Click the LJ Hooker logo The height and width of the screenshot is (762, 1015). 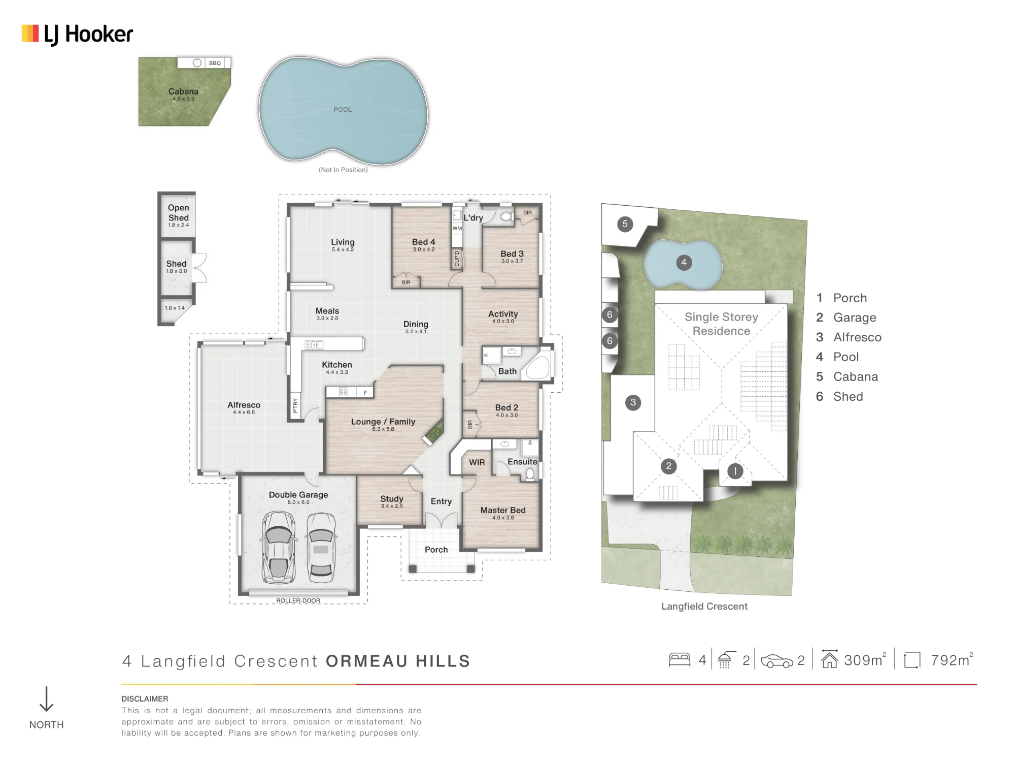pos(77,34)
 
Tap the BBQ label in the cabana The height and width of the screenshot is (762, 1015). pos(215,63)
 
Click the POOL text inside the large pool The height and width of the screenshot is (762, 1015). pos(343,109)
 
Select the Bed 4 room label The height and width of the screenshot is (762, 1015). pos(424,242)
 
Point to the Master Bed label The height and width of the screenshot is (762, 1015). pos(503,510)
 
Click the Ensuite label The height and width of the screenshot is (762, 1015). pos(522,462)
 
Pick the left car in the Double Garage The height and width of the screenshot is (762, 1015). pos(278,547)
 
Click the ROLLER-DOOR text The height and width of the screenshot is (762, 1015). pos(298,600)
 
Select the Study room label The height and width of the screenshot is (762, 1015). pos(392,499)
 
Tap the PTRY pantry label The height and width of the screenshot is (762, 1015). pos(295,405)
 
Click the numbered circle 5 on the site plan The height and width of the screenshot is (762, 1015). pos(625,224)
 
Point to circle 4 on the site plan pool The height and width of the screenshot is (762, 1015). pos(684,263)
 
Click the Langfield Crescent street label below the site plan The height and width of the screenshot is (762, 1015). pos(704,606)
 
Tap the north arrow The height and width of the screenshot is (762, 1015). pos(46,699)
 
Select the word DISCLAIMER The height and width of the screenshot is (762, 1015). pos(145,699)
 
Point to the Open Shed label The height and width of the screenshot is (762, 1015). pos(179,212)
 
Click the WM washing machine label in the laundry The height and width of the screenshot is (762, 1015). pos(457,229)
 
